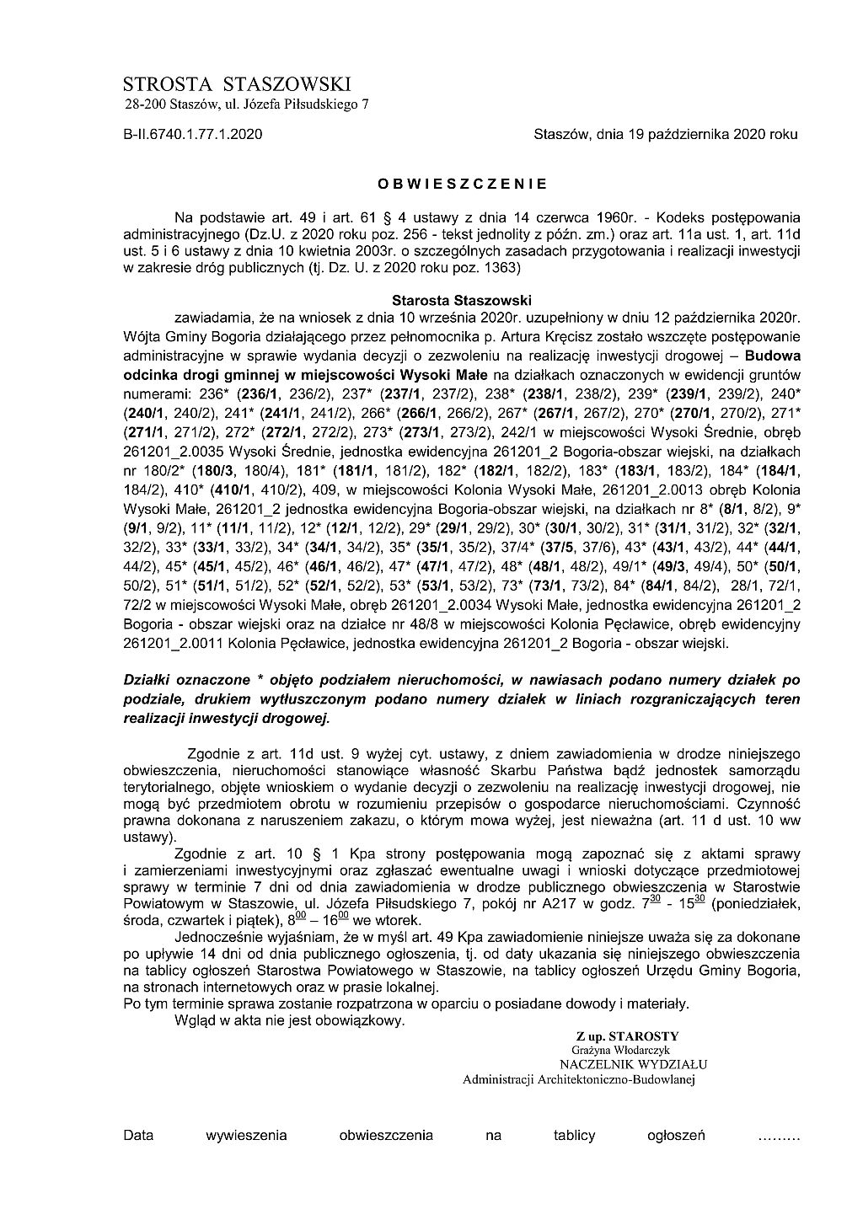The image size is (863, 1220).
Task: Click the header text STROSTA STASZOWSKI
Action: tap(236, 83)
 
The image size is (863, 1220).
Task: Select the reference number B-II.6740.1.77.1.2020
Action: tap(193, 134)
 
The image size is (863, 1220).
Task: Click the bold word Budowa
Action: tap(773, 355)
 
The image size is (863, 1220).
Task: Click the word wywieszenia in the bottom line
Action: tap(246, 1135)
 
